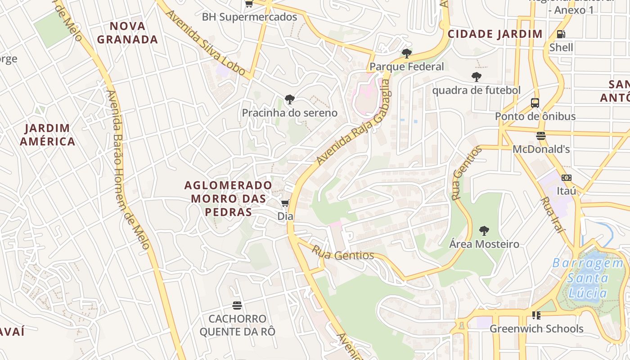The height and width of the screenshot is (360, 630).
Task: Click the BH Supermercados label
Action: (x=249, y=17)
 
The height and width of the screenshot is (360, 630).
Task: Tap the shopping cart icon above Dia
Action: (x=285, y=203)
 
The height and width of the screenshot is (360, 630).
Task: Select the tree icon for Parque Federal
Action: (x=407, y=54)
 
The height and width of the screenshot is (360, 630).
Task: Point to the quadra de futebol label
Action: (x=476, y=90)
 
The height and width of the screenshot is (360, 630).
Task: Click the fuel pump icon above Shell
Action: (x=561, y=34)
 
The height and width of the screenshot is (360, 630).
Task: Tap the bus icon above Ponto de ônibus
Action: (x=535, y=103)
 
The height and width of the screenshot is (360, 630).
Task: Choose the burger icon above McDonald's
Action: (x=541, y=135)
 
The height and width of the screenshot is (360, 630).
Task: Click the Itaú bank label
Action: (x=567, y=191)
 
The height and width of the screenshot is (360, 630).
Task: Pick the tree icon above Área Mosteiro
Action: (x=484, y=231)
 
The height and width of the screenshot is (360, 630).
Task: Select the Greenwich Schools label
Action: (x=536, y=328)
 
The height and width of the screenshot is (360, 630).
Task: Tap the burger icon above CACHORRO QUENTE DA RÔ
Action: (x=237, y=306)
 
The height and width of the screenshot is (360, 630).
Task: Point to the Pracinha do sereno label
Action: (x=290, y=112)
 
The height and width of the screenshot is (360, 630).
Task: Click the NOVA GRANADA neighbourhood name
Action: (x=127, y=32)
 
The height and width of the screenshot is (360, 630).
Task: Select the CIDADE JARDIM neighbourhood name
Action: (x=495, y=34)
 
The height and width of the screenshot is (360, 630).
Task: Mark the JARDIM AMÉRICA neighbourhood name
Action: (x=47, y=135)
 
